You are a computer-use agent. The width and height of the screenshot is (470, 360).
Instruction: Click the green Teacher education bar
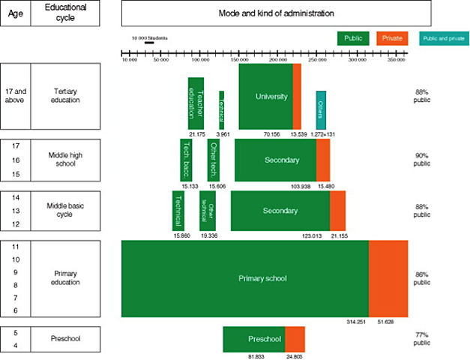[196, 103]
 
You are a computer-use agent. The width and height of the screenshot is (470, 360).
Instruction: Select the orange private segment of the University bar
[297, 96]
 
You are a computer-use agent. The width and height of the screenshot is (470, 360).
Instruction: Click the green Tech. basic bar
[186, 160]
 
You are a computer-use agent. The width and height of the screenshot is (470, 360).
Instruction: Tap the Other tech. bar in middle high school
[213, 160]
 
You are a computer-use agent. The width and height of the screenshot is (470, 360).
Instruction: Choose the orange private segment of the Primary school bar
[388, 278]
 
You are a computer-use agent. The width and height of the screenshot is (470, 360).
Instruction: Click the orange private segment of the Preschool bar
[295, 339]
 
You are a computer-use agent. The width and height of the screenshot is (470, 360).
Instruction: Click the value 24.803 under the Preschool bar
[295, 356]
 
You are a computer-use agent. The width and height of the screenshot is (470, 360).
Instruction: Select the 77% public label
[422, 337]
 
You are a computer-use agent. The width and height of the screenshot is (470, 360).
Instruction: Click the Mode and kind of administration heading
[276, 13]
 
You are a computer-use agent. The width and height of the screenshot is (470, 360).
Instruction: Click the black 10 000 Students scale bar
[149, 43]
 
